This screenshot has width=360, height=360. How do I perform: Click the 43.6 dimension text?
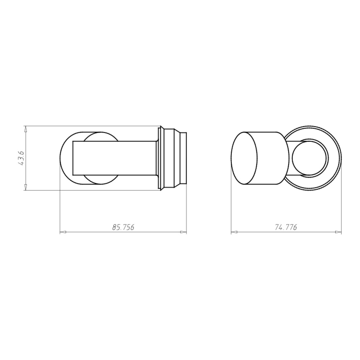pos(21,158)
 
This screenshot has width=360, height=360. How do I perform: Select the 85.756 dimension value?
pos(123,227)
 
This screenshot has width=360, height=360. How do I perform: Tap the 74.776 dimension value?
pos(286,227)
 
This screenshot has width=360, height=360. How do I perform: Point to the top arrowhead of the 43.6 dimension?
pos(26,129)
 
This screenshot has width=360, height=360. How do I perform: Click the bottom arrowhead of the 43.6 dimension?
pos(26,187)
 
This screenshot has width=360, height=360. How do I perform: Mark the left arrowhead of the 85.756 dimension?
pos(63,232)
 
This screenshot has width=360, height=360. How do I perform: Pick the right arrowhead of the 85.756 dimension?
pos(184,232)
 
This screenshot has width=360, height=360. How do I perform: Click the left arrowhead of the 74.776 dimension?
pos(234,232)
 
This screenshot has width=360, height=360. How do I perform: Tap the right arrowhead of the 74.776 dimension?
pos(338,232)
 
